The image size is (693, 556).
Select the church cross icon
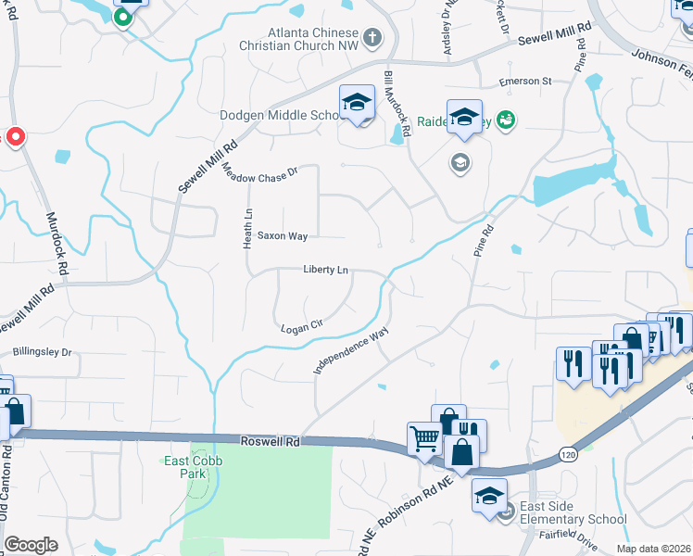tap(372, 38)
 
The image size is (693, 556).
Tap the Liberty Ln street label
tap(325, 270)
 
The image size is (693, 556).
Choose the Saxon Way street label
tap(283, 236)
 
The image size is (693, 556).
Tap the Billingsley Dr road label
tap(42, 352)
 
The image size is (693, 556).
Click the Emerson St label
tap(525, 82)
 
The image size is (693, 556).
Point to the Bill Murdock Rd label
tap(391, 103)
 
